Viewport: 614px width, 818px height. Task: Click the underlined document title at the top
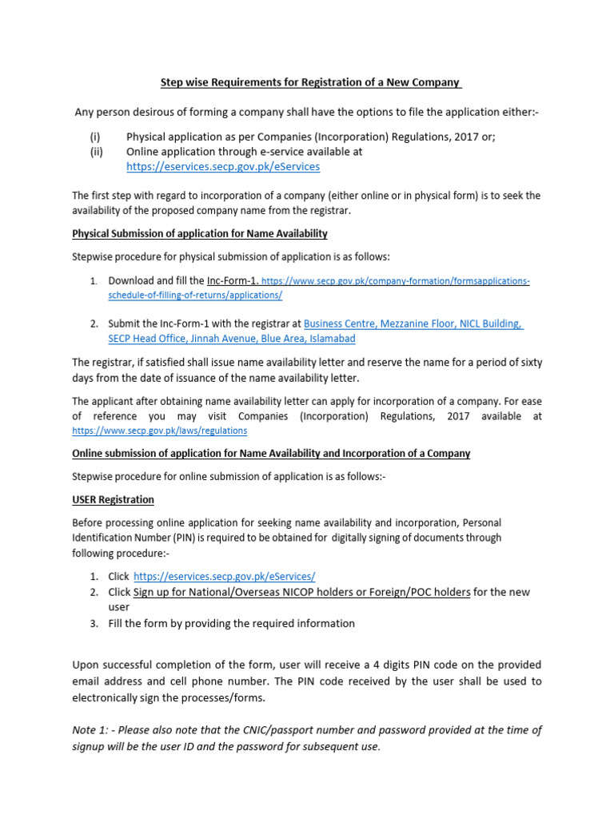click(x=311, y=82)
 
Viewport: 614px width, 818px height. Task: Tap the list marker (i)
click(x=94, y=137)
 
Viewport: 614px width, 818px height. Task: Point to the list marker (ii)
click(x=96, y=151)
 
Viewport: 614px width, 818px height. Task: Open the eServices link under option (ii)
click(x=223, y=166)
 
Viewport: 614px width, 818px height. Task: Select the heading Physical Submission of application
click(x=199, y=233)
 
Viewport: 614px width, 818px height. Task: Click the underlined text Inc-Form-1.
click(x=233, y=281)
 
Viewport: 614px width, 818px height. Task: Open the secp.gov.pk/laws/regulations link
click(x=159, y=431)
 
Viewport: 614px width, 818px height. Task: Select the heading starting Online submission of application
click(x=271, y=453)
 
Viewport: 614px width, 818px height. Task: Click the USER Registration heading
click(x=113, y=499)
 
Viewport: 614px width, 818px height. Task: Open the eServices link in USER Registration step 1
click(x=224, y=576)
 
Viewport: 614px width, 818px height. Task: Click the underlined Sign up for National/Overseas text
click(x=301, y=592)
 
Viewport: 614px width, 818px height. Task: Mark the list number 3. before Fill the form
click(x=94, y=623)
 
